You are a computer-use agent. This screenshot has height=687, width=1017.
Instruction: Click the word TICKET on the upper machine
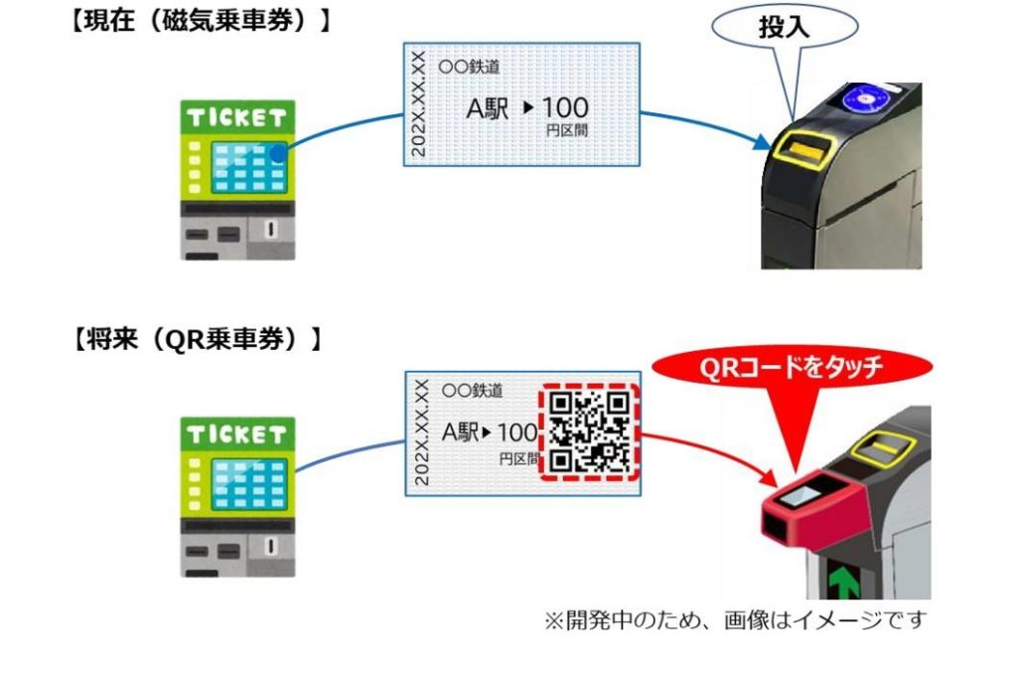[238, 118]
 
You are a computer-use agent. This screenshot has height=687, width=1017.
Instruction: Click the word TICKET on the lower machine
[238, 434]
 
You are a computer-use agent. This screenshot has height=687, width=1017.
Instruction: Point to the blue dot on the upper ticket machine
[279, 154]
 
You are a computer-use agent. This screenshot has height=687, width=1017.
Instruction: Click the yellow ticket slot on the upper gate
[802, 150]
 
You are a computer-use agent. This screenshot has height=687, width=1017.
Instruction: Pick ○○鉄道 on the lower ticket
[472, 391]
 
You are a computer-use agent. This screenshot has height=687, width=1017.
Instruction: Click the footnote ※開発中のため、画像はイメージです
[734, 621]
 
